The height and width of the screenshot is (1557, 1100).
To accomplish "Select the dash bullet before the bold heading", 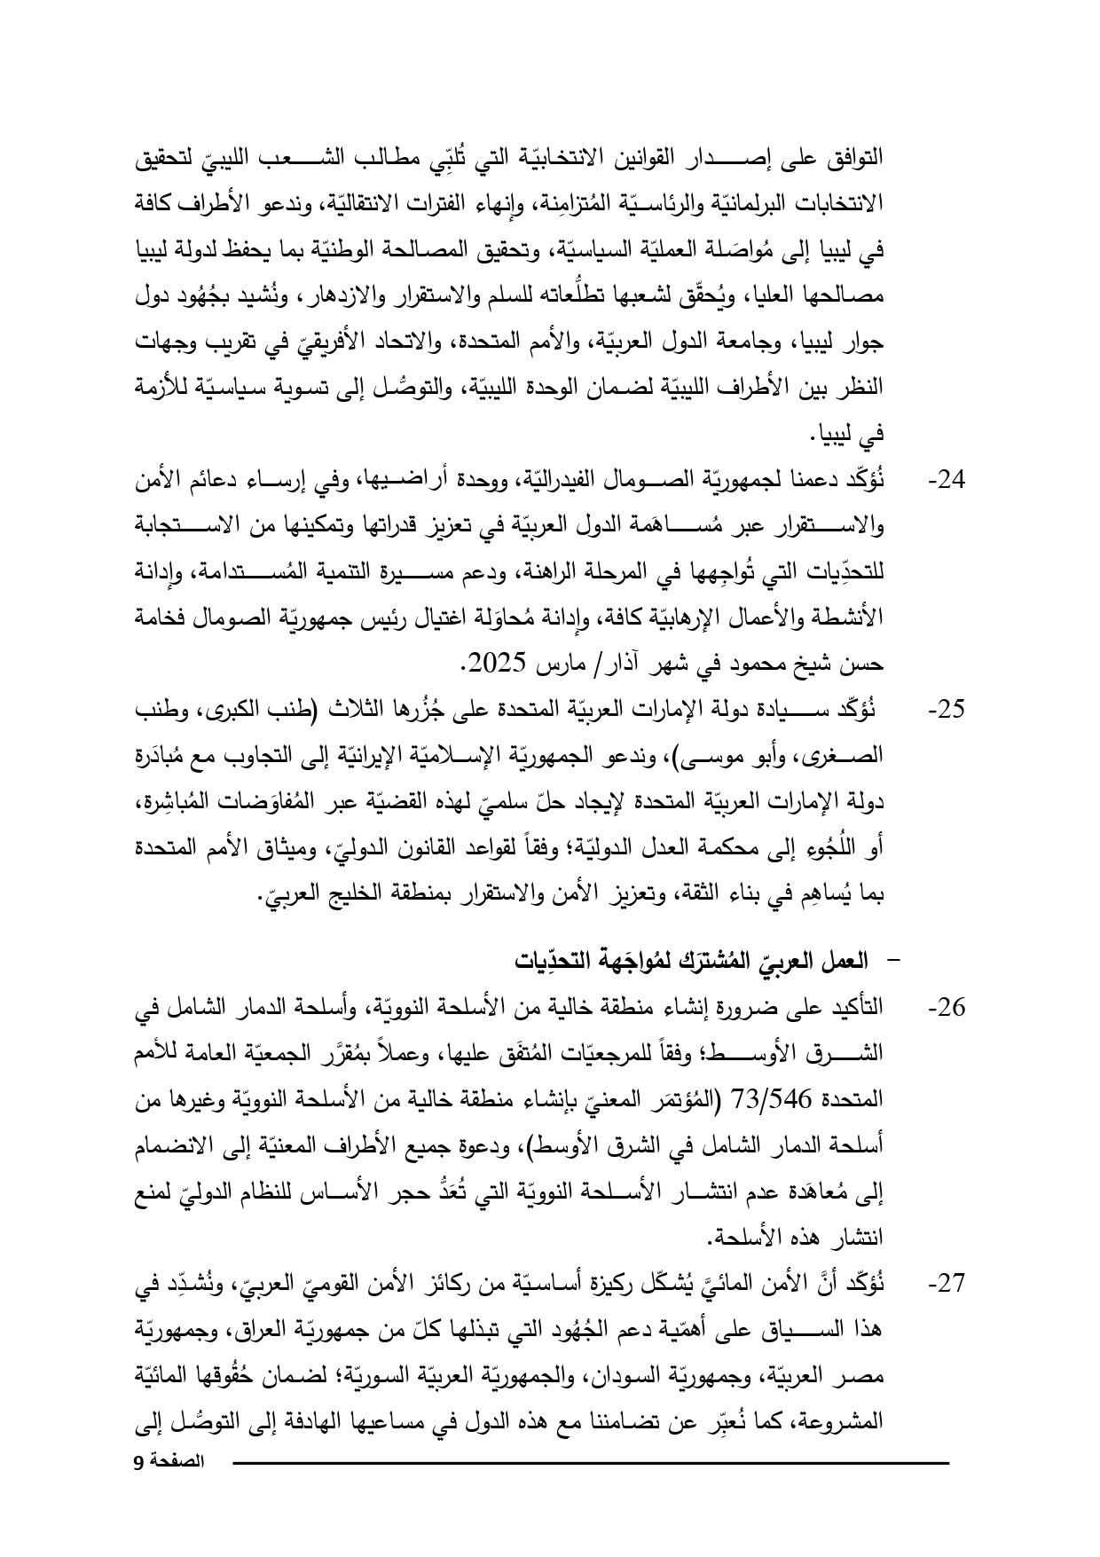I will [x=891, y=962].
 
